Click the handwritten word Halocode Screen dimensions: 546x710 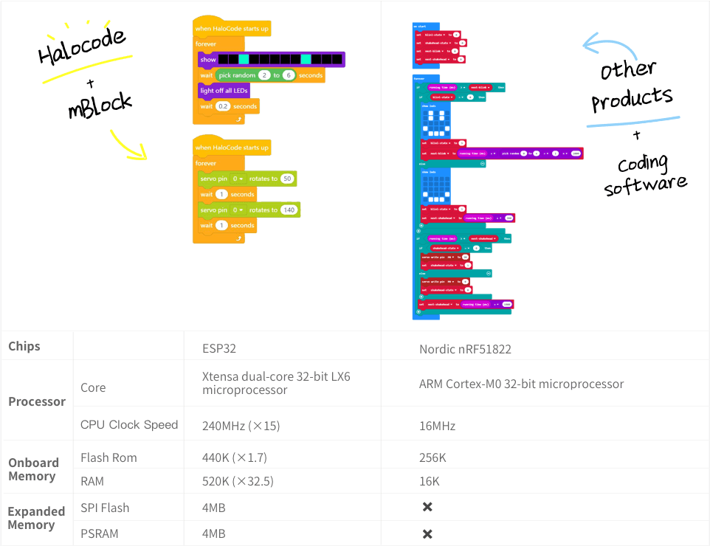click(x=81, y=46)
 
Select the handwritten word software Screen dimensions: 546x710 click(x=646, y=184)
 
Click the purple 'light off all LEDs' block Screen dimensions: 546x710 click(x=224, y=91)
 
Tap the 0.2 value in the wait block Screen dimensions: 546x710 click(x=223, y=106)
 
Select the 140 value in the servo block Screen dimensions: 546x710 click(x=289, y=210)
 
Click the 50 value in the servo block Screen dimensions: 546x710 click(x=287, y=179)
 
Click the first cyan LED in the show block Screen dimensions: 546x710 click(x=244, y=59)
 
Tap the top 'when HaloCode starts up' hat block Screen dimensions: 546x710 click(x=231, y=28)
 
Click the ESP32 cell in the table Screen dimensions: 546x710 click(x=219, y=348)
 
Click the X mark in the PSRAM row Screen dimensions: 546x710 click(x=427, y=533)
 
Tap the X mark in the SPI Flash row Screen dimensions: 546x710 click(x=427, y=507)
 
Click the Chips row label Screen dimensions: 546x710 click(x=24, y=346)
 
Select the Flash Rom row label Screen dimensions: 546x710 click(x=108, y=457)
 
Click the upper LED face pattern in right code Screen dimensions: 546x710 click(x=435, y=121)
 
